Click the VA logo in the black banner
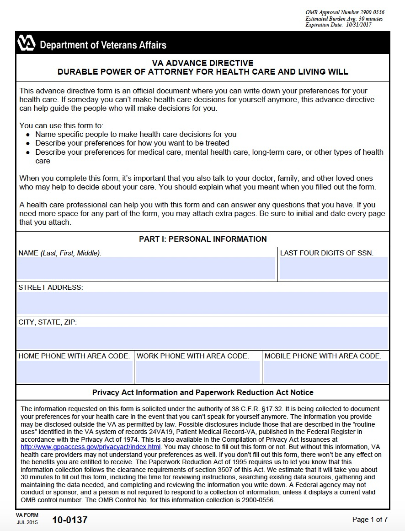(27, 43)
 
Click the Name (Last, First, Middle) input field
(146, 269)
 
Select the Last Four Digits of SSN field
(333, 269)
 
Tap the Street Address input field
(202, 303)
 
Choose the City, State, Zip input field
(202, 338)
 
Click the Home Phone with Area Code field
(75, 372)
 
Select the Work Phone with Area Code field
(198, 372)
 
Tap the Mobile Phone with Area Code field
(325, 372)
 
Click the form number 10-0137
(69, 520)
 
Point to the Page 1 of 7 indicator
(370, 520)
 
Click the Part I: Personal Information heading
(202, 239)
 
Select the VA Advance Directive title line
(202, 63)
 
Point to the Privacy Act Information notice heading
(202, 392)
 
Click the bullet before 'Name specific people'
(28, 135)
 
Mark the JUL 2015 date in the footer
(27, 522)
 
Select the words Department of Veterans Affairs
(103, 45)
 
